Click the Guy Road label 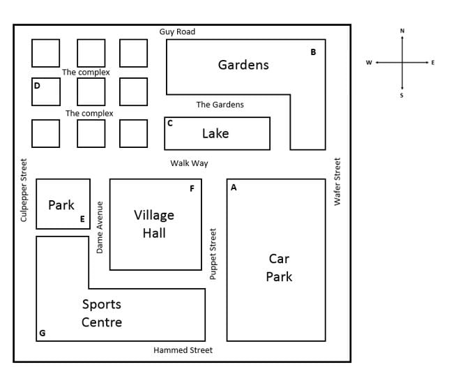(177, 31)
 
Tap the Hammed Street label (183, 350)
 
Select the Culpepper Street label (24, 190)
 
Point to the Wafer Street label (337, 181)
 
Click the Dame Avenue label (100, 227)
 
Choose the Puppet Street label (213, 254)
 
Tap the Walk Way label (189, 163)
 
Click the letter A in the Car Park (234, 188)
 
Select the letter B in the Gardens (313, 52)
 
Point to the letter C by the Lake (170, 123)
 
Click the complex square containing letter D (45, 91)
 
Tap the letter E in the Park (82, 219)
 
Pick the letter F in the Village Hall (192, 188)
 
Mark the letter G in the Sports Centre (42, 334)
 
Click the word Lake (215, 133)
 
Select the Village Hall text (154, 224)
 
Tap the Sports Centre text (102, 313)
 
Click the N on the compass (402, 31)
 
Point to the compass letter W (369, 63)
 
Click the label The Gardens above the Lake (220, 105)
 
